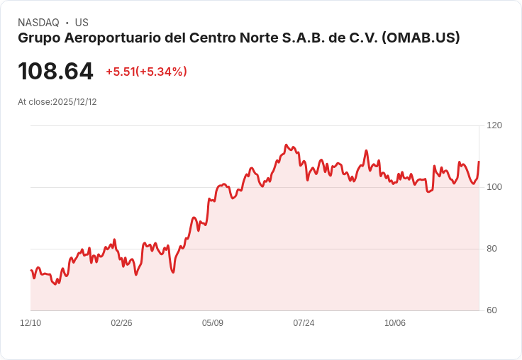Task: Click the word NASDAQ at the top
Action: click(38, 23)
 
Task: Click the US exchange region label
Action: click(82, 23)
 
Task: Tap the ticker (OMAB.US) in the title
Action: click(421, 38)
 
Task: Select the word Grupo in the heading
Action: click(36, 38)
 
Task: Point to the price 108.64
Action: click(55, 72)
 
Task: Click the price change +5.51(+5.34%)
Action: click(146, 72)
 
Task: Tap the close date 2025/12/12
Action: click(74, 102)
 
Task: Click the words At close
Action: click(34, 102)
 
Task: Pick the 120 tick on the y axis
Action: click(494, 125)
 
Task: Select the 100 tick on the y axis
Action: click(494, 187)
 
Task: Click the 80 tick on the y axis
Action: click(492, 249)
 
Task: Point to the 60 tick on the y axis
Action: click(492, 310)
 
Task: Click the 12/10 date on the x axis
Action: click(30, 323)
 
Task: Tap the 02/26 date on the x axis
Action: click(121, 323)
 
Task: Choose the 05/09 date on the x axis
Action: click(213, 323)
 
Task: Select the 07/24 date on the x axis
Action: click(304, 323)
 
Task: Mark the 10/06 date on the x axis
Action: click(395, 323)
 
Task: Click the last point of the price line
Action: click(479, 162)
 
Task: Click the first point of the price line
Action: click(30, 270)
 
